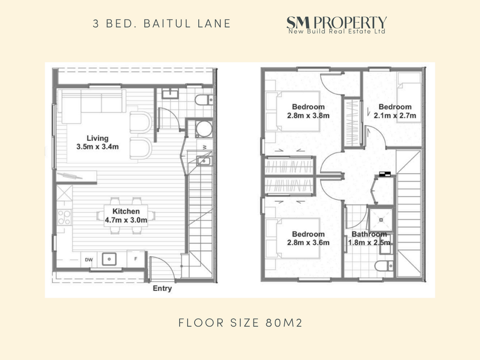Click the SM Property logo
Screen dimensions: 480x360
(x=337, y=25)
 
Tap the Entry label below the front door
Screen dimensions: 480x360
(x=162, y=288)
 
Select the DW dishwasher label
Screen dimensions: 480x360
(x=89, y=260)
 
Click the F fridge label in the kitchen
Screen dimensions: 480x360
(x=136, y=259)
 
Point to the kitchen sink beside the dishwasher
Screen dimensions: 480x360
(x=109, y=259)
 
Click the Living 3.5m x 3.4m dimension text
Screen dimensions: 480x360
(x=97, y=143)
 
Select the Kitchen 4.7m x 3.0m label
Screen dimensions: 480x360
(x=126, y=216)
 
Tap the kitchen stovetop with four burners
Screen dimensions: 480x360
(x=64, y=217)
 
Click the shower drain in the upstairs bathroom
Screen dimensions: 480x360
(x=381, y=219)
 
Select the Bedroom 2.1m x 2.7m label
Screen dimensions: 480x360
(x=395, y=111)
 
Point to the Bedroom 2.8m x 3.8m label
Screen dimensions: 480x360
(x=308, y=111)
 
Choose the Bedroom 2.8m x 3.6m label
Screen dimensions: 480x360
(x=308, y=238)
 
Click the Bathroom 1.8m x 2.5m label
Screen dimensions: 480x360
(x=369, y=238)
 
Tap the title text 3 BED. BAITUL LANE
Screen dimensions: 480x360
(x=162, y=24)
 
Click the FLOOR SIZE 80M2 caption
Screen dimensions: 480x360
(x=240, y=323)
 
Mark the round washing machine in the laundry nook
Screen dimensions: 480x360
(x=204, y=129)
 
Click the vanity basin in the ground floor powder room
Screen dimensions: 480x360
(x=170, y=94)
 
